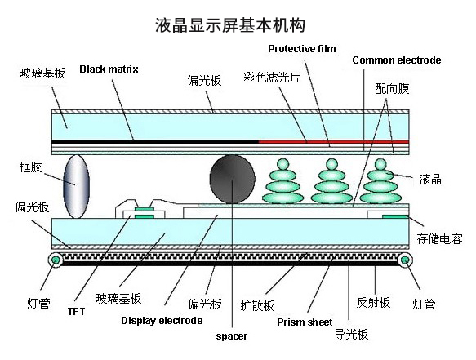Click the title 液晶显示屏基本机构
(229, 24)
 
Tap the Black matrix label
(109, 69)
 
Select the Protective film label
(302, 48)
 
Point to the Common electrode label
(397, 60)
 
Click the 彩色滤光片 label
(271, 78)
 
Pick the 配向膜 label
(392, 89)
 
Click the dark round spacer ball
(232, 179)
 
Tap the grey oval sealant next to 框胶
(76, 186)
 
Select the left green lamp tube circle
(56, 260)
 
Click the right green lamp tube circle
(405, 260)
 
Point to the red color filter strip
(334, 142)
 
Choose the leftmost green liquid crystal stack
(283, 181)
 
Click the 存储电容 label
(439, 239)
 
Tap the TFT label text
(76, 312)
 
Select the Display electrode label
(162, 321)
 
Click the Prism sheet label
(305, 322)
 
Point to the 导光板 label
(351, 335)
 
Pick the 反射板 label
(373, 303)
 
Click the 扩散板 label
(257, 305)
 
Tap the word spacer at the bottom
(232, 336)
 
